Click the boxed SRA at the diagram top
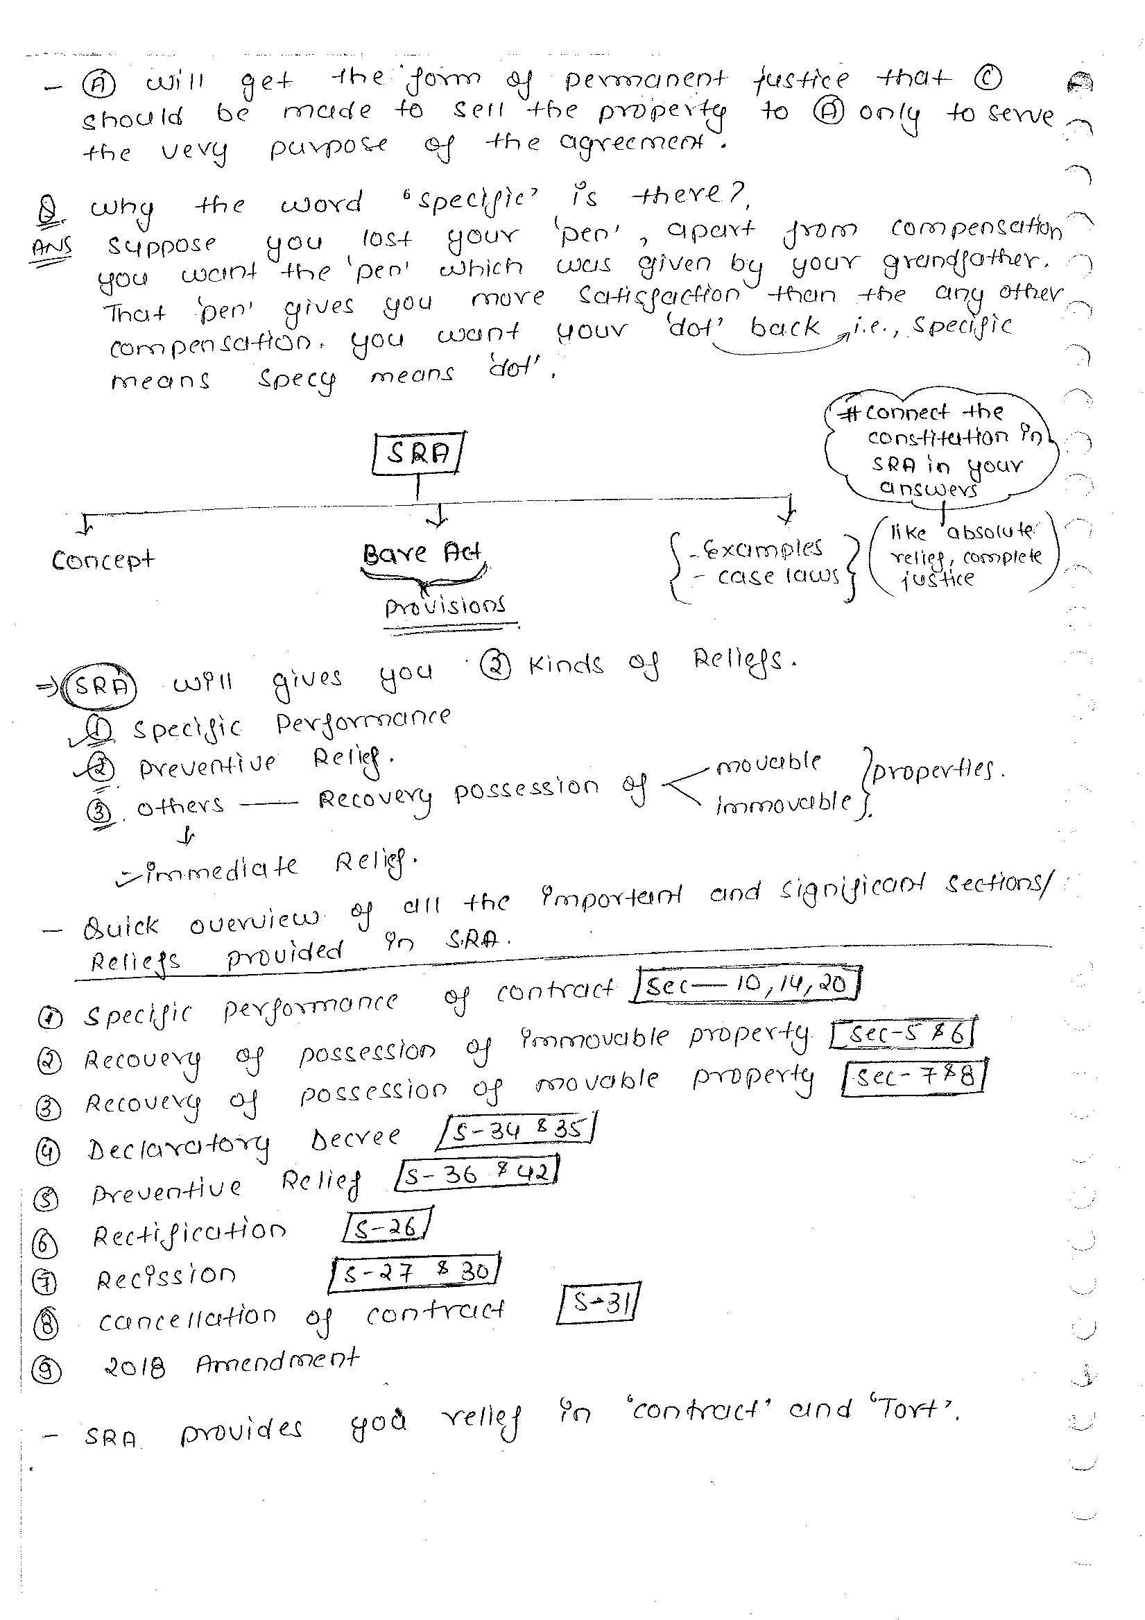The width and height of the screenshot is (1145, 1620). pos(417,453)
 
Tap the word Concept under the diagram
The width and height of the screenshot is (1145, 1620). pos(103,560)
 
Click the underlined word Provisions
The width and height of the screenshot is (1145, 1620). pos(445,606)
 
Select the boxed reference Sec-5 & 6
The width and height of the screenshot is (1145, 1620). pos(904,1034)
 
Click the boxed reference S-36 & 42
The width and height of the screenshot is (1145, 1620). pos(478,1175)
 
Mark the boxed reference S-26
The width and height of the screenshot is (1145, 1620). pos(386,1229)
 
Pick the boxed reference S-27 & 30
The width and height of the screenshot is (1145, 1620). pos(415,1272)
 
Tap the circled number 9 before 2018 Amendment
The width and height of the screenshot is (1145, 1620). pos(46,1370)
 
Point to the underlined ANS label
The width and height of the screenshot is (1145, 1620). pos(51,248)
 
